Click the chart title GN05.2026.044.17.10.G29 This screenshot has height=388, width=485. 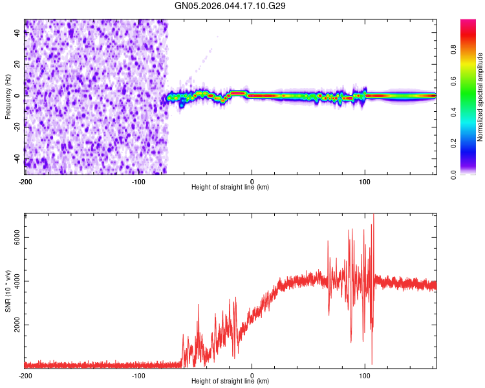pos(231,6)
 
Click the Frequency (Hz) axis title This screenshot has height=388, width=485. pos(8,96)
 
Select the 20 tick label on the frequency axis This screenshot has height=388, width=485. pos(17,65)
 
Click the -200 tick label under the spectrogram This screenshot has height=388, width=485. pos(25,181)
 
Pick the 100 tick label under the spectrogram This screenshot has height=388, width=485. pos(365,181)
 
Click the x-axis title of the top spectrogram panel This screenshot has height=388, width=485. pos(230,188)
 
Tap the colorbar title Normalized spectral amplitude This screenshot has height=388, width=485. pos(480,97)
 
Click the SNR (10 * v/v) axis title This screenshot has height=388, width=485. pos(8,290)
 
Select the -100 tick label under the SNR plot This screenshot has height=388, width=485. pos(138,375)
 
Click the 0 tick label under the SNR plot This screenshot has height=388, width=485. pos(252,375)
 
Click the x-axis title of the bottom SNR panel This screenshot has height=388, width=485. pos(230,382)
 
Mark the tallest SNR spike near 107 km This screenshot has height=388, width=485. pos(373,217)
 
